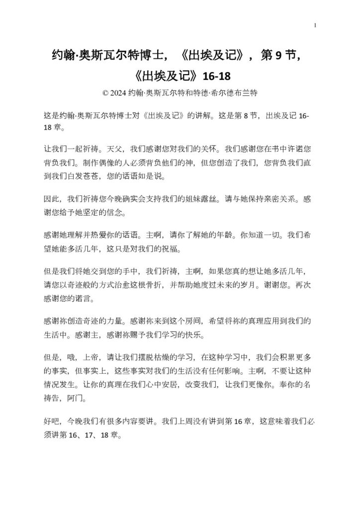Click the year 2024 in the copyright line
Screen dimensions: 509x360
coord(118,93)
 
